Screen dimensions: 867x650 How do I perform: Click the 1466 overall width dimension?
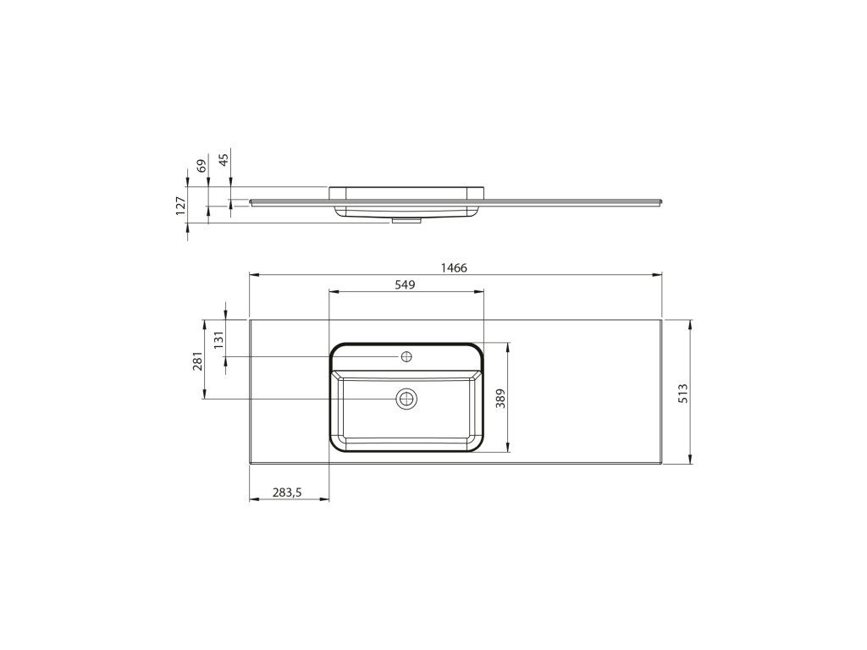pos(454,268)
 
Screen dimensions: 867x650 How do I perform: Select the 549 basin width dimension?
pos(405,284)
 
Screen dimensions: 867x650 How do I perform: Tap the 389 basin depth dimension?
pos(500,398)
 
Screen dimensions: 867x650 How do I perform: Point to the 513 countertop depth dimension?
pos(683,393)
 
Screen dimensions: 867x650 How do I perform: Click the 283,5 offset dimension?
pos(287,492)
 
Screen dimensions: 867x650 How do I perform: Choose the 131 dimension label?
pos(219,339)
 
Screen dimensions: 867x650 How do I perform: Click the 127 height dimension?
pos(180,205)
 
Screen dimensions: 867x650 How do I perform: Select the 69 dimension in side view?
pos(202,165)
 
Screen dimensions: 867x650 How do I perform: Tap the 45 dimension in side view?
pos(224,159)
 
